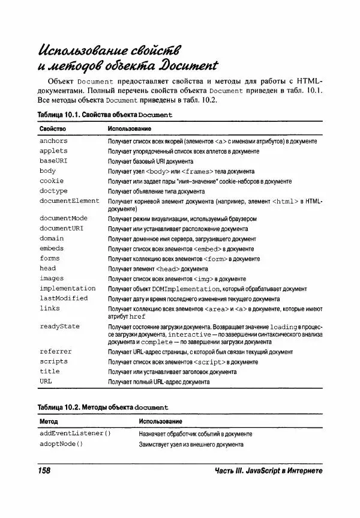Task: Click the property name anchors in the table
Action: click(53, 140)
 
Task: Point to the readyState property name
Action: click(59, 327)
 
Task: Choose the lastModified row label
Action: click(64, 298)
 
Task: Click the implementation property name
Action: click(67, 288)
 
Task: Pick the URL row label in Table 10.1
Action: click(46, 381)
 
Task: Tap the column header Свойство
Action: click(53, 128)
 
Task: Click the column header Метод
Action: click(49, 421)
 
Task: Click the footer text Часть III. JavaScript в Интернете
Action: click(269, 470)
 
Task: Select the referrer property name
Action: click(55, 351)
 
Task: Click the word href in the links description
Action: click(137, 315)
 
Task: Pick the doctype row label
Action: click(53, 191)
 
